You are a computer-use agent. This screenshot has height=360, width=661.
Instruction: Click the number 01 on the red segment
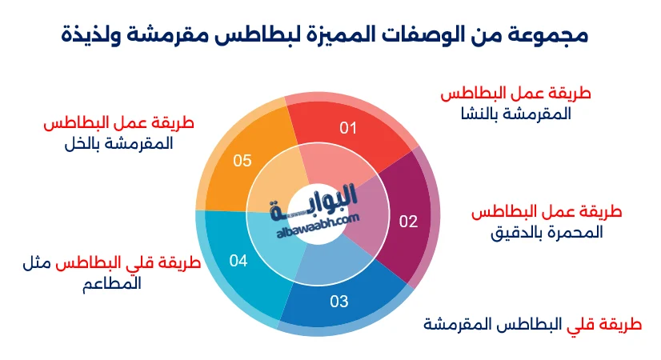348,128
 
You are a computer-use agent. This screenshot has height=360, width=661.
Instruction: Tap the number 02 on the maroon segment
408,222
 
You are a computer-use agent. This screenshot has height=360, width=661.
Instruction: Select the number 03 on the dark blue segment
339,302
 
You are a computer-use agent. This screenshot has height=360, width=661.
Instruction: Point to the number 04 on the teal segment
238,261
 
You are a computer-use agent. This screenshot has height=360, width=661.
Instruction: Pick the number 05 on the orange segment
242,161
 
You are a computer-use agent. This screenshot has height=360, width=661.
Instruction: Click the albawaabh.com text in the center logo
318,226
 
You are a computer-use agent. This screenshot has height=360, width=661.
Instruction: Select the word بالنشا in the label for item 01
476,114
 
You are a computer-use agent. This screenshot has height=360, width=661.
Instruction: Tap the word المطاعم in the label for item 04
112,283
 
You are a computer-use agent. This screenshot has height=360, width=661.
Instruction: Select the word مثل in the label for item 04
37,263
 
